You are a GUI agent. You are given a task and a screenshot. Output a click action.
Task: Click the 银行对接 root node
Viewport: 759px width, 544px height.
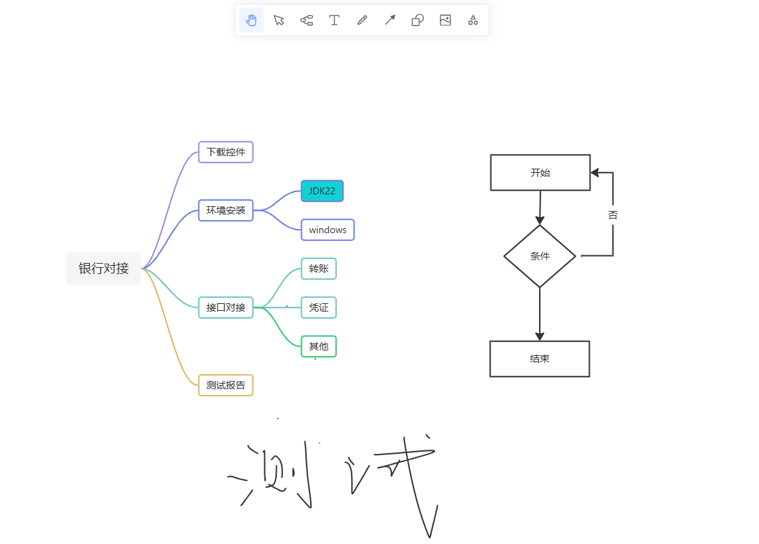104,269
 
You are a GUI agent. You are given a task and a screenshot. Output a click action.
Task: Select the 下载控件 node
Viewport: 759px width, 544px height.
226,152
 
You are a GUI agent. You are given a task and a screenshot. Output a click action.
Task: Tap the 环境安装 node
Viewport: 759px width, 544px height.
226,210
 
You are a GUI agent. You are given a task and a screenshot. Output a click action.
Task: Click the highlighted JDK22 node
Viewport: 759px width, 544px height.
322,191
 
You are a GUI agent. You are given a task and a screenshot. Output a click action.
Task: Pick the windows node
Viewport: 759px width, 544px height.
327,230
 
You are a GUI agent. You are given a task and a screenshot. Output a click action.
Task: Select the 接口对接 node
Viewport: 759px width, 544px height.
226,307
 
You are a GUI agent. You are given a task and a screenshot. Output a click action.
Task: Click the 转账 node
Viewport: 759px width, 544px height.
318,269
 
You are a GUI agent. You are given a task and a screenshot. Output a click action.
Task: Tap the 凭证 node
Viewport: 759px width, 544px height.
318,307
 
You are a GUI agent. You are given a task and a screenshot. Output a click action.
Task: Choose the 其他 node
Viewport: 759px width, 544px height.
318,346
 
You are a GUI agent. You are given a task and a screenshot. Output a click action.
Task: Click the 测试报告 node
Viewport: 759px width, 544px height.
226,385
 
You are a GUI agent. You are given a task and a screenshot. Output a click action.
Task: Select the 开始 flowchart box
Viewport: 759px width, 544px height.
540,173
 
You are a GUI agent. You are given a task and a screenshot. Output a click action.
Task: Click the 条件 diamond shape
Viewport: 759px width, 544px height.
540,256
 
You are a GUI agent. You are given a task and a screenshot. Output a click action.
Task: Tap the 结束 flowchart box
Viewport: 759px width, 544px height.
540,359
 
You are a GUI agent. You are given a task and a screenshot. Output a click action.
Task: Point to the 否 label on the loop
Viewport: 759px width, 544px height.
613,215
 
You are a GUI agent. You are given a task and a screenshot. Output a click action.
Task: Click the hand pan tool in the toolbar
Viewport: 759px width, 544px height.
251,20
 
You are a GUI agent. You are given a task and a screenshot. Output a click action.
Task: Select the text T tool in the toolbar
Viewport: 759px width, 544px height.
334,20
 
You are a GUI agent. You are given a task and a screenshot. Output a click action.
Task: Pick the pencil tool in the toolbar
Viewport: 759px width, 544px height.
362,20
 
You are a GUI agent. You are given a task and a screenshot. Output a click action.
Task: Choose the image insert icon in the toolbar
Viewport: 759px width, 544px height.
445,20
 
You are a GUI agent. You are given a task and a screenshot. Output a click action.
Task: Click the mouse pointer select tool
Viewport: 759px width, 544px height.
279,20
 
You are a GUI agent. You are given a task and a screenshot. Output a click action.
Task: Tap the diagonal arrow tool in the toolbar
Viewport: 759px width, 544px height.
390,20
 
